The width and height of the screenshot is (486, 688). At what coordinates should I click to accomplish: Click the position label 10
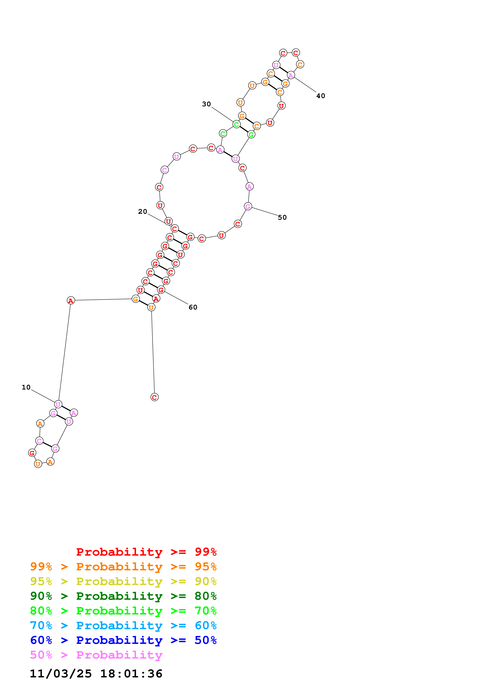pos(26,387)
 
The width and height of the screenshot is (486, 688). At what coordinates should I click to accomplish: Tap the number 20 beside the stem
pos(143,212)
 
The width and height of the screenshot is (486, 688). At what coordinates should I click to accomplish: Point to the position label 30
pos(206,104)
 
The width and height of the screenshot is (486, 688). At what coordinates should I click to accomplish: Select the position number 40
pos(321,96)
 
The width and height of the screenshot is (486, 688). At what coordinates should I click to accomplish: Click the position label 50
pos(282,218)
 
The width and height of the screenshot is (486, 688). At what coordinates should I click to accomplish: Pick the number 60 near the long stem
pos(193,307)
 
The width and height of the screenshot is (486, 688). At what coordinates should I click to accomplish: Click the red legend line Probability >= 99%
pos(146,552)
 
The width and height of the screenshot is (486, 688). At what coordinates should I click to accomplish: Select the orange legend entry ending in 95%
pos(123,567)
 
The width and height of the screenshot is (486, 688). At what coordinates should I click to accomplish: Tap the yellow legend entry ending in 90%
pos(123,581)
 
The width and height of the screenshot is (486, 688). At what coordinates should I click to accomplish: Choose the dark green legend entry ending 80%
pos(123,596)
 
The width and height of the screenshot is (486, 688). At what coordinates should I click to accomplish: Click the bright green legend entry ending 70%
pos(123,611)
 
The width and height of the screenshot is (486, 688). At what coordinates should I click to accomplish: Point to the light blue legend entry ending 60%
pos(123,625)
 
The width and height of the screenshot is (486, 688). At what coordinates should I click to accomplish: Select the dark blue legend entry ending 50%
pos(123,640)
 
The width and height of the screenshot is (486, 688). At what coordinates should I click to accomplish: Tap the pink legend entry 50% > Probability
pos(96,655)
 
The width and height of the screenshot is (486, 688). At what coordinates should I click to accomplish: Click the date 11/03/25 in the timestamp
pos(61,674)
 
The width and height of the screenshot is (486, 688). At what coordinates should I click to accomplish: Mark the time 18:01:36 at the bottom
pos(131,674)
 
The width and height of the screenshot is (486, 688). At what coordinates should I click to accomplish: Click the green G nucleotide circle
pos(251,135)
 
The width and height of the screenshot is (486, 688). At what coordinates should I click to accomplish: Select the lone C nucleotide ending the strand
pos(154,397)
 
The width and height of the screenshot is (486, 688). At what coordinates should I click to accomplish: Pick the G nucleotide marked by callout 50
pos(248,207)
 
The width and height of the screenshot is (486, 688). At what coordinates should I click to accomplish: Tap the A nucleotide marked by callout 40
pos(291,75)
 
